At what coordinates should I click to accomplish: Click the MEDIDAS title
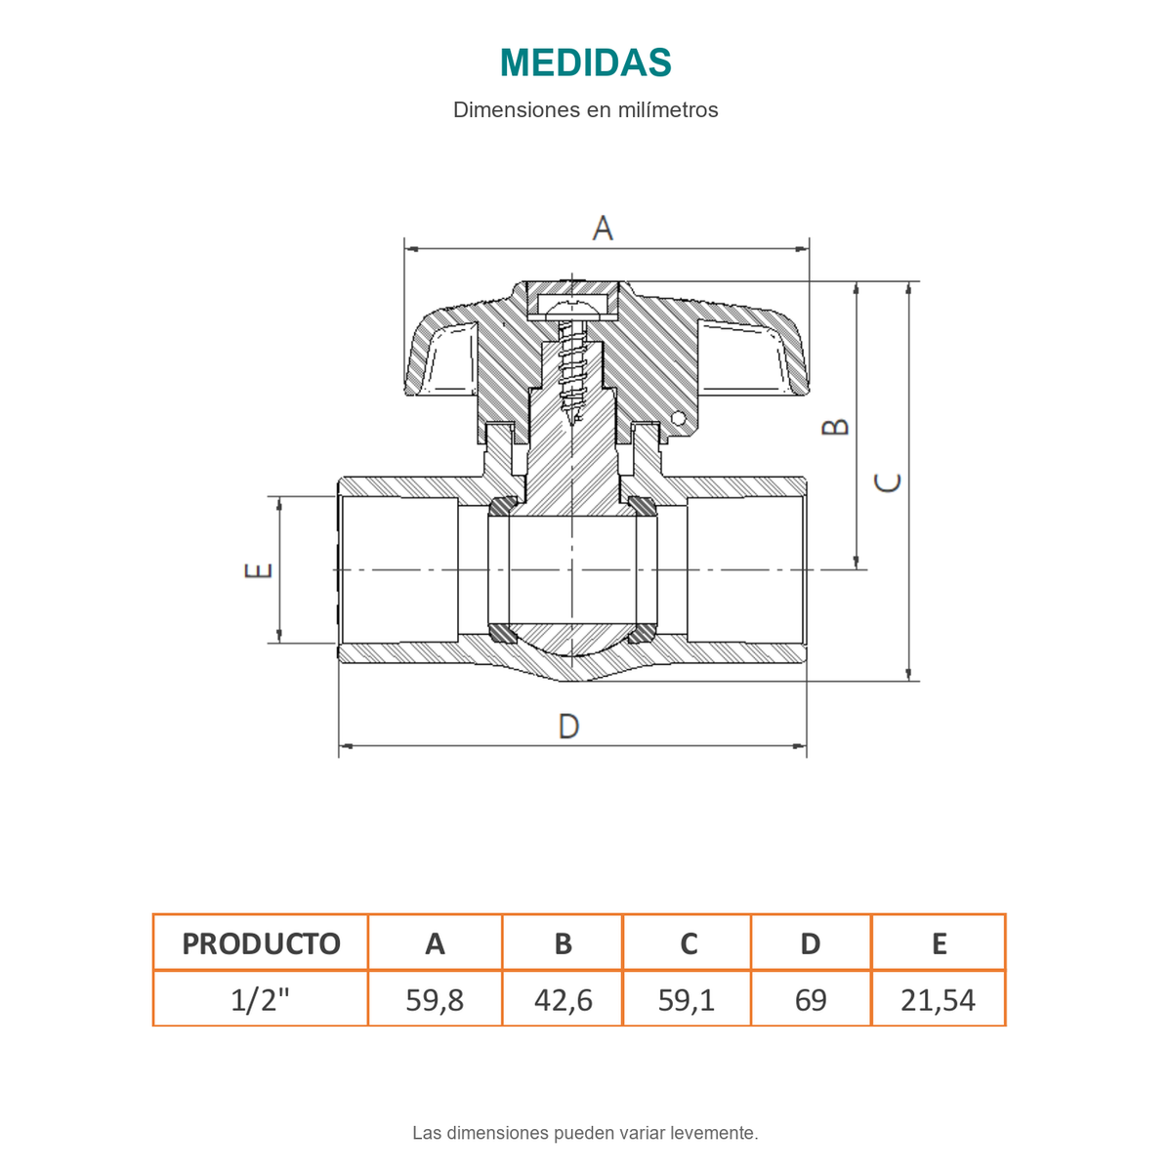[x=585, y=63]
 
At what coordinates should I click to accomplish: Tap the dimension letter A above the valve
[x=603, y=229]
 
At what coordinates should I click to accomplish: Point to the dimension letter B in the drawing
[x=834, y=427]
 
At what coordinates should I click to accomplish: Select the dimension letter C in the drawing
[x=887, y=482]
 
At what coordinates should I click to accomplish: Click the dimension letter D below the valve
[x=568, y=727]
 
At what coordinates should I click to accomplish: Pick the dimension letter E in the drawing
[x=259, y=570]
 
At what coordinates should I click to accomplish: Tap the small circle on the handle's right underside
[x=678, y=418]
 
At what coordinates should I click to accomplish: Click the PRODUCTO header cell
[x=261, y=943]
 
